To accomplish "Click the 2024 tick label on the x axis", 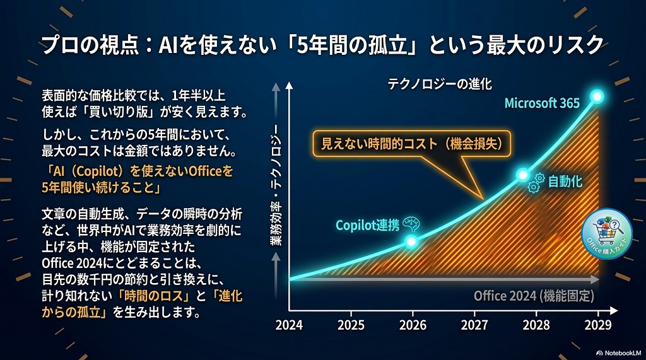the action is (x=289, y=325).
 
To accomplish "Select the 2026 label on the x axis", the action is (x=413, y=325).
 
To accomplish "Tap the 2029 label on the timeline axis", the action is (x=598, y=325).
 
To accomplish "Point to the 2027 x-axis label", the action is (x=474, y=325).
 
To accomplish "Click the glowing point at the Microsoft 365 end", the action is (x=597, y=97).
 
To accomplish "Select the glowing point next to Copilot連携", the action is (x=411, y=241).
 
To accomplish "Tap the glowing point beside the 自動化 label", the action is (x=523, y=175).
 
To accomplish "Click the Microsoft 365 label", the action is (x=542, y=103).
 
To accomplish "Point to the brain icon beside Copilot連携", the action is (x=411, y=224).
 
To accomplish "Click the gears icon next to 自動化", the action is (x=536, y=183).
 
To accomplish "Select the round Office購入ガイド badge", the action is (x=606, y=233).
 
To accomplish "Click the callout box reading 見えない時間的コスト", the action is (x=412, y=144).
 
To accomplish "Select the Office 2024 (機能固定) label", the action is (x=534, y=296).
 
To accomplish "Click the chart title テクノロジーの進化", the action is (x=440, y=84).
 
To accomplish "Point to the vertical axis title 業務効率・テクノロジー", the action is (x=276, y=185).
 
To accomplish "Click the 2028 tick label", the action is (x=536, y=325).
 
